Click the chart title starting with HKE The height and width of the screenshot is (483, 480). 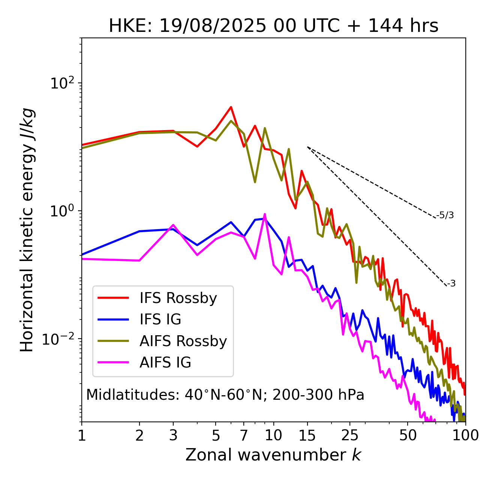(x=273, y=26)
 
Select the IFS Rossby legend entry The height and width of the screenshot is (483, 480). (x=178, y=298)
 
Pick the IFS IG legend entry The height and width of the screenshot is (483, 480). (x=160, y=319)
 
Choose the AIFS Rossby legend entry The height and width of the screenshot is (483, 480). (x=183, y=341)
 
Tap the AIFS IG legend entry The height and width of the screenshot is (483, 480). (x=165, y=363)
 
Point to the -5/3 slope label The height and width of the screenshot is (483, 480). (x=445, y=215)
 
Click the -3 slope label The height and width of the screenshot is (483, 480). (x=451, y=284)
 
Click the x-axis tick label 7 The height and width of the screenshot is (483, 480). (x=244, y=435)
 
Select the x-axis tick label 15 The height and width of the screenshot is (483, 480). (x=307, y=435)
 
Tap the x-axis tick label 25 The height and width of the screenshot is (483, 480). (x=350, y=435)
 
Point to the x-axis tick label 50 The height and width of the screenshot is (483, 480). (x=408, y=435)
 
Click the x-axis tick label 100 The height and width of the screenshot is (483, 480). (x=465, y=435)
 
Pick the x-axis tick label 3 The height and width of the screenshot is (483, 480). (x=173, y=435)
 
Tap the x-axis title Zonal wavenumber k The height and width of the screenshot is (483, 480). (x=273, y=455)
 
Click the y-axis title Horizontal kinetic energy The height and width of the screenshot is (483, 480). (x=27, y=230)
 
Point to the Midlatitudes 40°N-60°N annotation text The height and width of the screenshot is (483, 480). (x=225, y=395)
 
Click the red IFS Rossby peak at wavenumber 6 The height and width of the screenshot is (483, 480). (x=231, y=107)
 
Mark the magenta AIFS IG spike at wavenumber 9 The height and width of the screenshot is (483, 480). (x=265, y=214)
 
